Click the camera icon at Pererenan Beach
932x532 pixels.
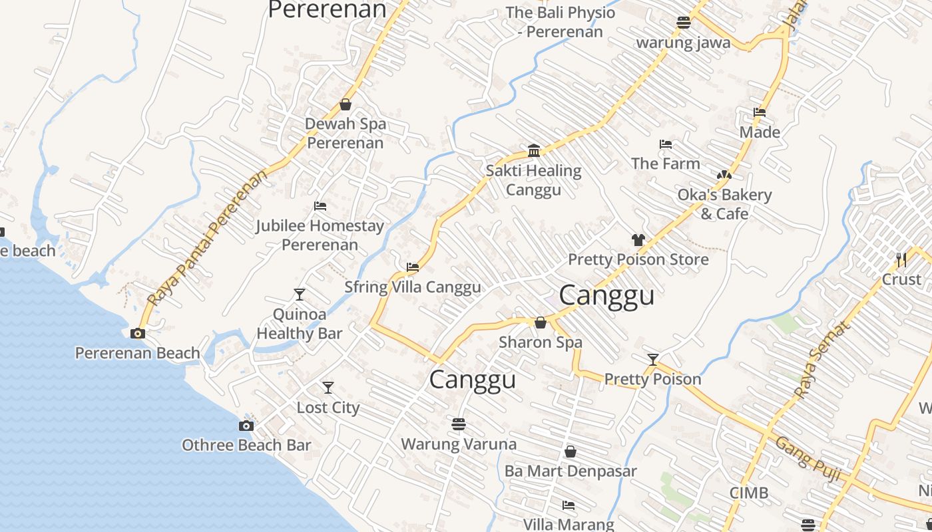click(138, 334)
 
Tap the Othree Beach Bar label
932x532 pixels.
click(246, 445)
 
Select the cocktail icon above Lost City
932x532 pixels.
click(328, 388)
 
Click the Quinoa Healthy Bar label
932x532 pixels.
click(300, 324)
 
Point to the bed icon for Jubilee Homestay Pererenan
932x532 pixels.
click(320, 206)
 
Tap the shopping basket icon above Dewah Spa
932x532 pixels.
click(346, 104)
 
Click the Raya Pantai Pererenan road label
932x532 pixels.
click(208, 238)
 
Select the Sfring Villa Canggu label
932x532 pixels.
click(412, 287)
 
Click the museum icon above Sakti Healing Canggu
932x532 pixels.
click(533, 151)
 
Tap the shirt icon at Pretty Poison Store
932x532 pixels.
click(638, 240)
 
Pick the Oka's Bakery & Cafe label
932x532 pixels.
click(724, 204)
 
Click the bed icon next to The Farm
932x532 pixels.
click(665, 144)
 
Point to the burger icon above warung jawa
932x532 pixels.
click(683, 23)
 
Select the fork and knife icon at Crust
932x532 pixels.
click(901, 259)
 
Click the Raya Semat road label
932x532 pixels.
click(823, 360)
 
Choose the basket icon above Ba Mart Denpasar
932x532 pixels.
click(570, 452)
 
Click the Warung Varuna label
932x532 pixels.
click(458, 444)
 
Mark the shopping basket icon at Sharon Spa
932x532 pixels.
click(541, 323)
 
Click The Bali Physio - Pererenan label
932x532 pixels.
click(560, 21)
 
